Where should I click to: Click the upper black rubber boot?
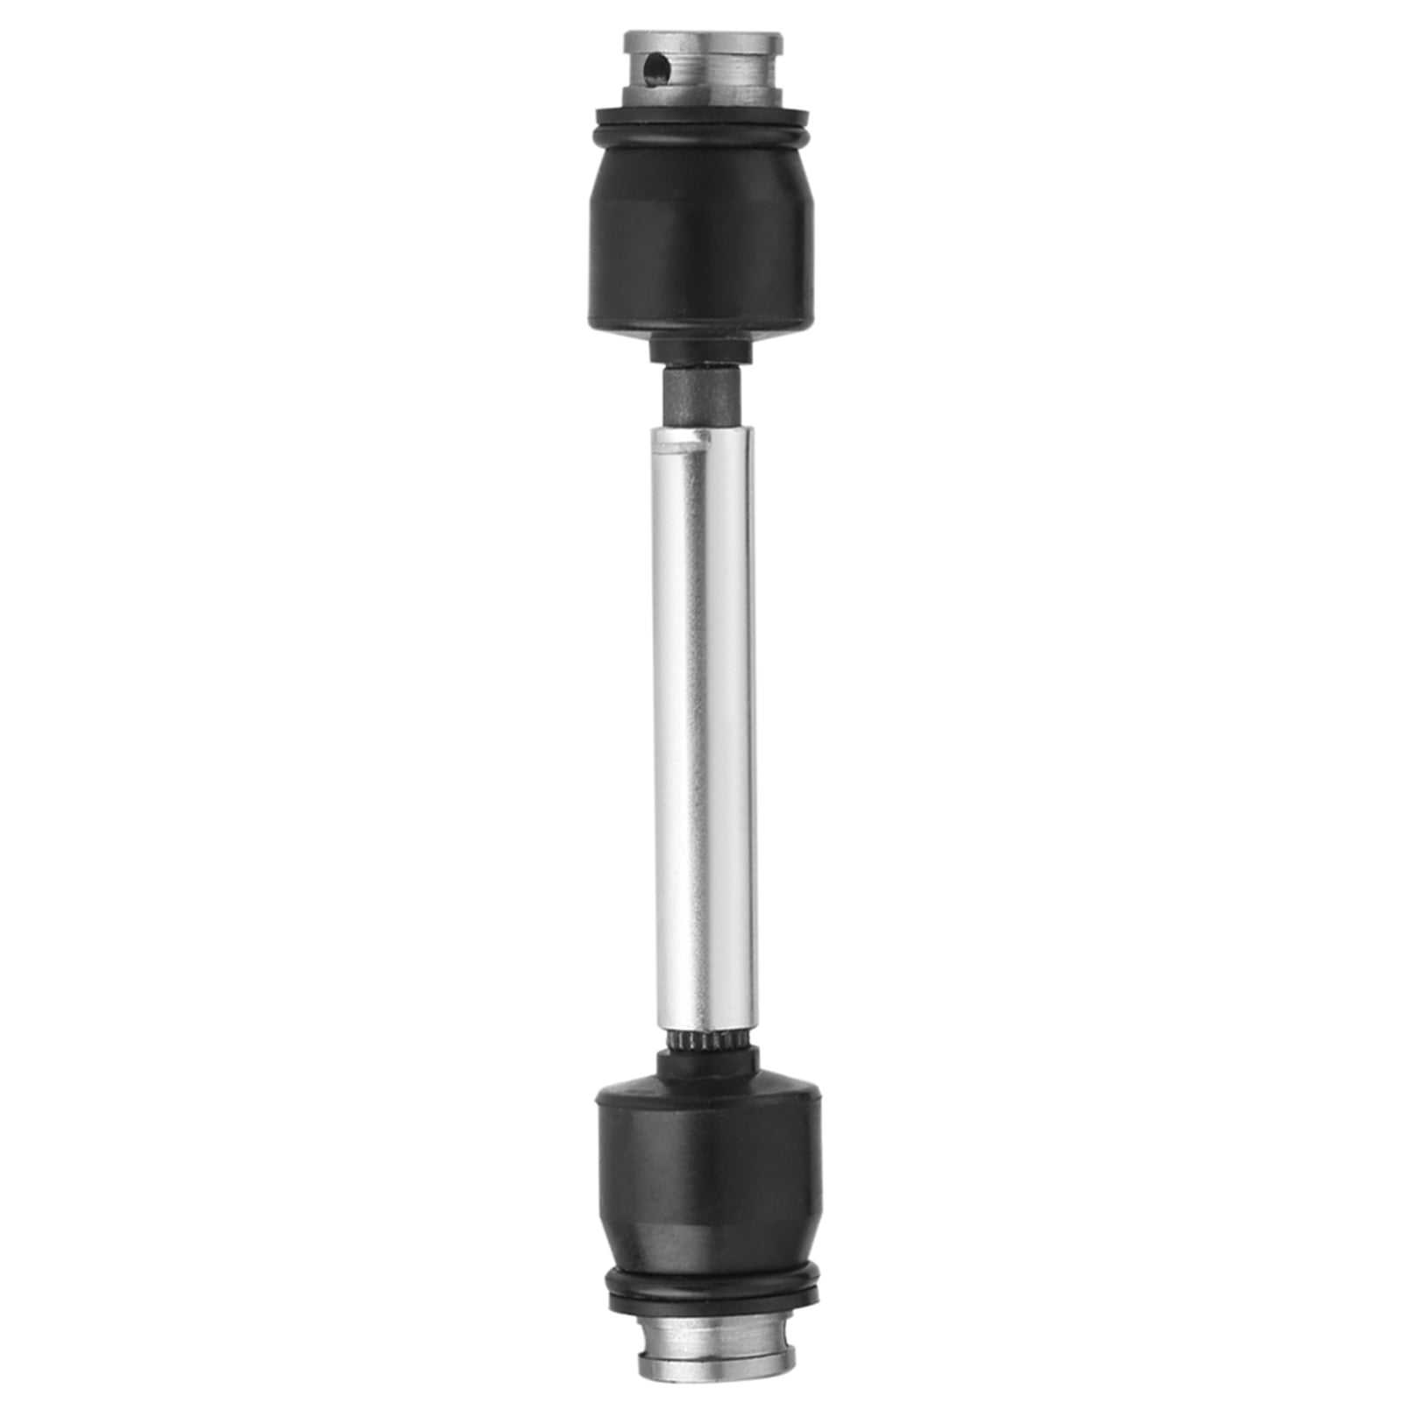coord(700,263)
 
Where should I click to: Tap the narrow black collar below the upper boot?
coord(701,351)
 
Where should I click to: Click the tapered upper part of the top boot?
coord(701,175)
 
